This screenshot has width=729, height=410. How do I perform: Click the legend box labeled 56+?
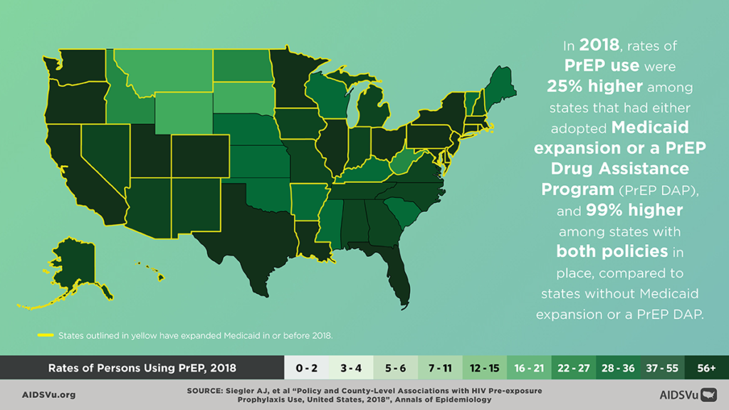(x=706, y=368)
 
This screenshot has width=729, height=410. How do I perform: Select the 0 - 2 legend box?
(x=306, y=368)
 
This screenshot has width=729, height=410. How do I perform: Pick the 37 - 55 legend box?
(x=662, y=368)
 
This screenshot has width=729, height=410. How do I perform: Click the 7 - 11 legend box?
(x=440, y=368)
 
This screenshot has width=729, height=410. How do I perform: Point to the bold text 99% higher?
(x=624, y=210)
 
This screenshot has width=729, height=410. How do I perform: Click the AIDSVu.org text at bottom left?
(x=49, y=394)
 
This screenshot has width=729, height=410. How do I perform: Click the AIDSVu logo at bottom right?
(x=687, y=394)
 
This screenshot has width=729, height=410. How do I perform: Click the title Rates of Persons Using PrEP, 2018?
(x=142, y=368)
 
